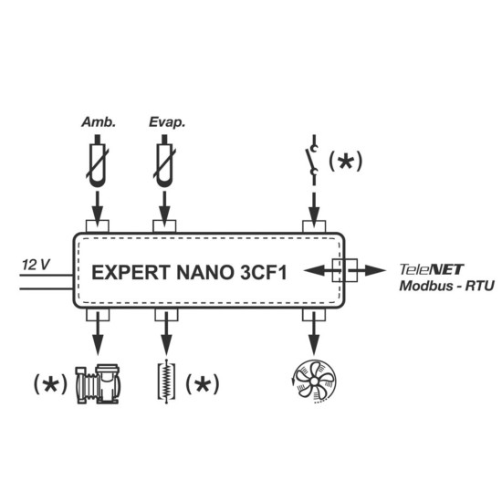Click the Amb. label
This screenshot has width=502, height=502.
pos(99,122)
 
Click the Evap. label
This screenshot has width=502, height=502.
pos(167,122)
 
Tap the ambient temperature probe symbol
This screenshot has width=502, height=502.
pos(98,161)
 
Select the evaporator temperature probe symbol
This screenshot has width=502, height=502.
pos(165,161)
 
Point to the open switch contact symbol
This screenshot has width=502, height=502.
pos(312,160)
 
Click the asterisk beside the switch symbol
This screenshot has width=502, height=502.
pos(345,161)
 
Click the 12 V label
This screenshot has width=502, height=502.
pos(36,265)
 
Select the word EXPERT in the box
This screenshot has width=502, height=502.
pos(131,273)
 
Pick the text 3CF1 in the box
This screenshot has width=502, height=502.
pos(263,273)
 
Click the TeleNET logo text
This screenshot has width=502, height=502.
pos(431,269)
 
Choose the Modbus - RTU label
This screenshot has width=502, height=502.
pos(446,286)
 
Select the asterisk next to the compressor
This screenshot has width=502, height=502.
pos(50,384)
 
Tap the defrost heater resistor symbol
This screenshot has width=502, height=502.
pos(166,382)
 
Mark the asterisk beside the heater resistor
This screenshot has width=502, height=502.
pos(203,384)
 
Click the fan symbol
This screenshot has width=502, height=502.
pos(314,381)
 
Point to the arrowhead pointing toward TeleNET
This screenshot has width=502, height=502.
pos(375,270)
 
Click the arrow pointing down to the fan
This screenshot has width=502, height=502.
pos(314,333)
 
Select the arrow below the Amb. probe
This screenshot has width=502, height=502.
pos(98,209)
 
